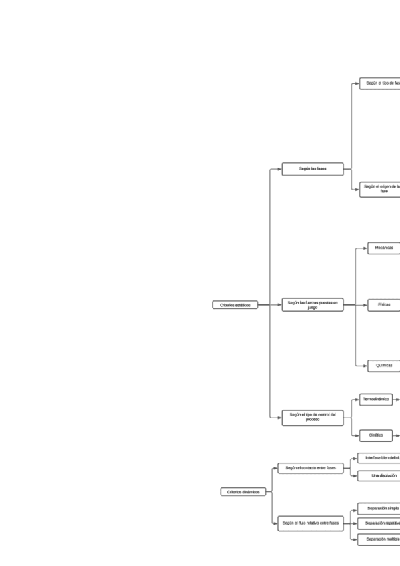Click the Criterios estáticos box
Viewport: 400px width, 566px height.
coord(235,305)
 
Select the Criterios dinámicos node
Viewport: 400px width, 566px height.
coord(242,492)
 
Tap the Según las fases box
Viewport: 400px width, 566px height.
coord(312,169)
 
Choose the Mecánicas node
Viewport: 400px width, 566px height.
coord(383,248)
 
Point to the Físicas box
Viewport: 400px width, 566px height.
coord(383,305)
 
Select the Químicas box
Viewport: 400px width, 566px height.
coord(383,366)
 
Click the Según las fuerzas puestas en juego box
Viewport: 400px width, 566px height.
coord(312,305)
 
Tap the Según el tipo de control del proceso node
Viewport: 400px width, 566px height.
coord(312,418)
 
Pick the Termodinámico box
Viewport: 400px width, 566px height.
coord(375,400)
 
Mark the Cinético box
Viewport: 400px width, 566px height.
coord(375,435)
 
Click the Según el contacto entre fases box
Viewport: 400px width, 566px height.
coord(311,468)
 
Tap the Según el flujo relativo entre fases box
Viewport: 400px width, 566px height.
coord(311,523)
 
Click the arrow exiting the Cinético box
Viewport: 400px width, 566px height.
coord(396,435)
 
